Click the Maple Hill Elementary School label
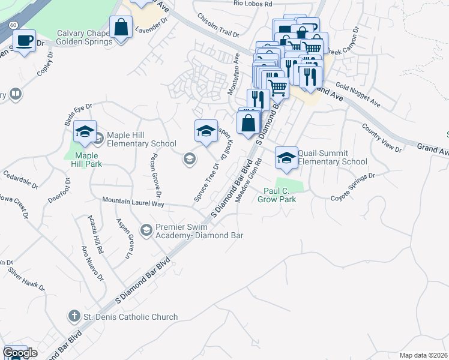click(x=142, y=139)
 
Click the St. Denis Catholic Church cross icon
click(x=74, y=316)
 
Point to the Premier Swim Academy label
click(x=199, y=231)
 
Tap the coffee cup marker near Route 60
click(x=24, y=42)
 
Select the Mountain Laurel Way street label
click(x=133, y=203)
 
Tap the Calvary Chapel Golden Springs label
click(x=85, y=37)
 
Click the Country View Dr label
click(x=382, y=137)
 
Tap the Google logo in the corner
click(x=20, y=353)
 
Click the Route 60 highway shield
click(x=13, y=25)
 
